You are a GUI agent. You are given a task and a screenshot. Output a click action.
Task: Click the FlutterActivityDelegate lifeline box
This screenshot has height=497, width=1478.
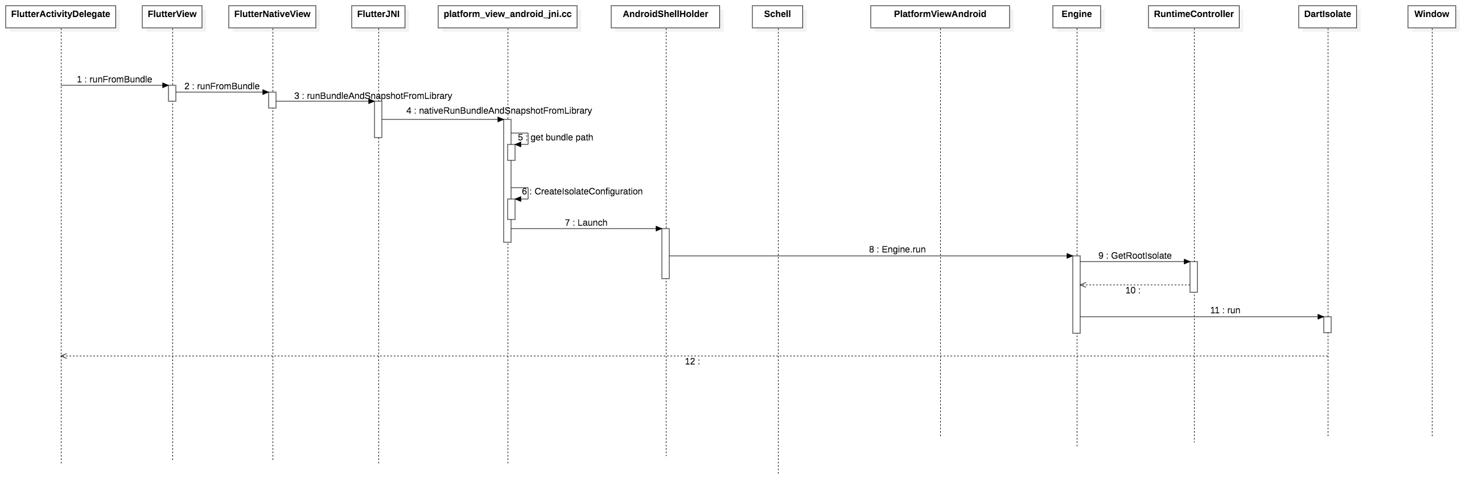[x=61, y=16]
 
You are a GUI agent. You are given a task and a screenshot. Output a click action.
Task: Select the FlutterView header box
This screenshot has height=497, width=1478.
[x=172, y=16]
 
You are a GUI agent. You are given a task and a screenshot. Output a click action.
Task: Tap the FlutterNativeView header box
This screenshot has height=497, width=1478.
[x=273, y=16]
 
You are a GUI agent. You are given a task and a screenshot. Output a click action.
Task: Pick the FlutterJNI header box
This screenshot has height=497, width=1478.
[x=378, y=16]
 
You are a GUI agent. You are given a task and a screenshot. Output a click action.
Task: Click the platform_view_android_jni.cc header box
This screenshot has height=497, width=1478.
[x=508, y=16]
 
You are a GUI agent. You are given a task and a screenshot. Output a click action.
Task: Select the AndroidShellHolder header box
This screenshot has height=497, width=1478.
[x=665, y=16]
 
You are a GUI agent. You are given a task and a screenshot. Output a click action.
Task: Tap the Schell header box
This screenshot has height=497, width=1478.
[x=777, y=16]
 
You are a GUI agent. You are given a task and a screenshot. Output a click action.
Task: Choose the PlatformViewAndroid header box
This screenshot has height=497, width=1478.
[x=940, y=16]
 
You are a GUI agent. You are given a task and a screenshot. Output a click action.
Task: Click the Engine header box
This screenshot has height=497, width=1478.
[x=1076, y=16]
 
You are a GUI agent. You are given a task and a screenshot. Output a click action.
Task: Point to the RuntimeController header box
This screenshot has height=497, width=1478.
[x=1194, y=16]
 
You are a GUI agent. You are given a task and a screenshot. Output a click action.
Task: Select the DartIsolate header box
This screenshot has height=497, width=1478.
[x=1327, y=16]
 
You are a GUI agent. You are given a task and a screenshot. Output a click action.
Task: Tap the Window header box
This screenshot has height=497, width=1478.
[x=1431, y=16]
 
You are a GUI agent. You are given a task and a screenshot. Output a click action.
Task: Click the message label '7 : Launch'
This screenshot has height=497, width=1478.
[x=586, y=223]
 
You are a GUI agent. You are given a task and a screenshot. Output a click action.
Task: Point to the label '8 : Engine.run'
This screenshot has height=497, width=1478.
[x=897, y=250]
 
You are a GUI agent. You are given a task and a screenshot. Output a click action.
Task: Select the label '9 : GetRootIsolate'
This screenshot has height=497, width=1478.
[x=1135, y=256]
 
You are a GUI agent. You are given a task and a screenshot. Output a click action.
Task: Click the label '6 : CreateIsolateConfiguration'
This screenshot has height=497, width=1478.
[x=582, y=192]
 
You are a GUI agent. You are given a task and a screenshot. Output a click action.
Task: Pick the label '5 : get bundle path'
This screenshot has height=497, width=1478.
[x=555, y=138]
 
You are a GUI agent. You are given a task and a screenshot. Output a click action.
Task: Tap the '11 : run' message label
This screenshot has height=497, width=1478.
[x=1225, y=310]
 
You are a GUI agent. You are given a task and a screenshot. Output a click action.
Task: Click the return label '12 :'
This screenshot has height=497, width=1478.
[x=693, y=362]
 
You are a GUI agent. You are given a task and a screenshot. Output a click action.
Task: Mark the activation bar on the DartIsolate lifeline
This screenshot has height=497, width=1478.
[x=1327, y=325]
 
